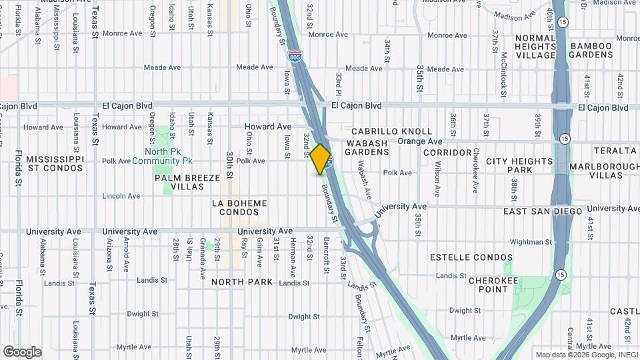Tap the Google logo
coord(22,352)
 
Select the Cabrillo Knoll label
coord(392,131)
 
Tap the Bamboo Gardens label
coord(591,50)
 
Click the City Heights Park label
coord(519,166)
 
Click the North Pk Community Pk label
coord(162,155)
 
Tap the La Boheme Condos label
coord(239,207)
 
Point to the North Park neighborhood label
coord(242,282)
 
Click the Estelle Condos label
coord(471,257)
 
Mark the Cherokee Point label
coord(494,285)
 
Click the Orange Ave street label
coord(420,141)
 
